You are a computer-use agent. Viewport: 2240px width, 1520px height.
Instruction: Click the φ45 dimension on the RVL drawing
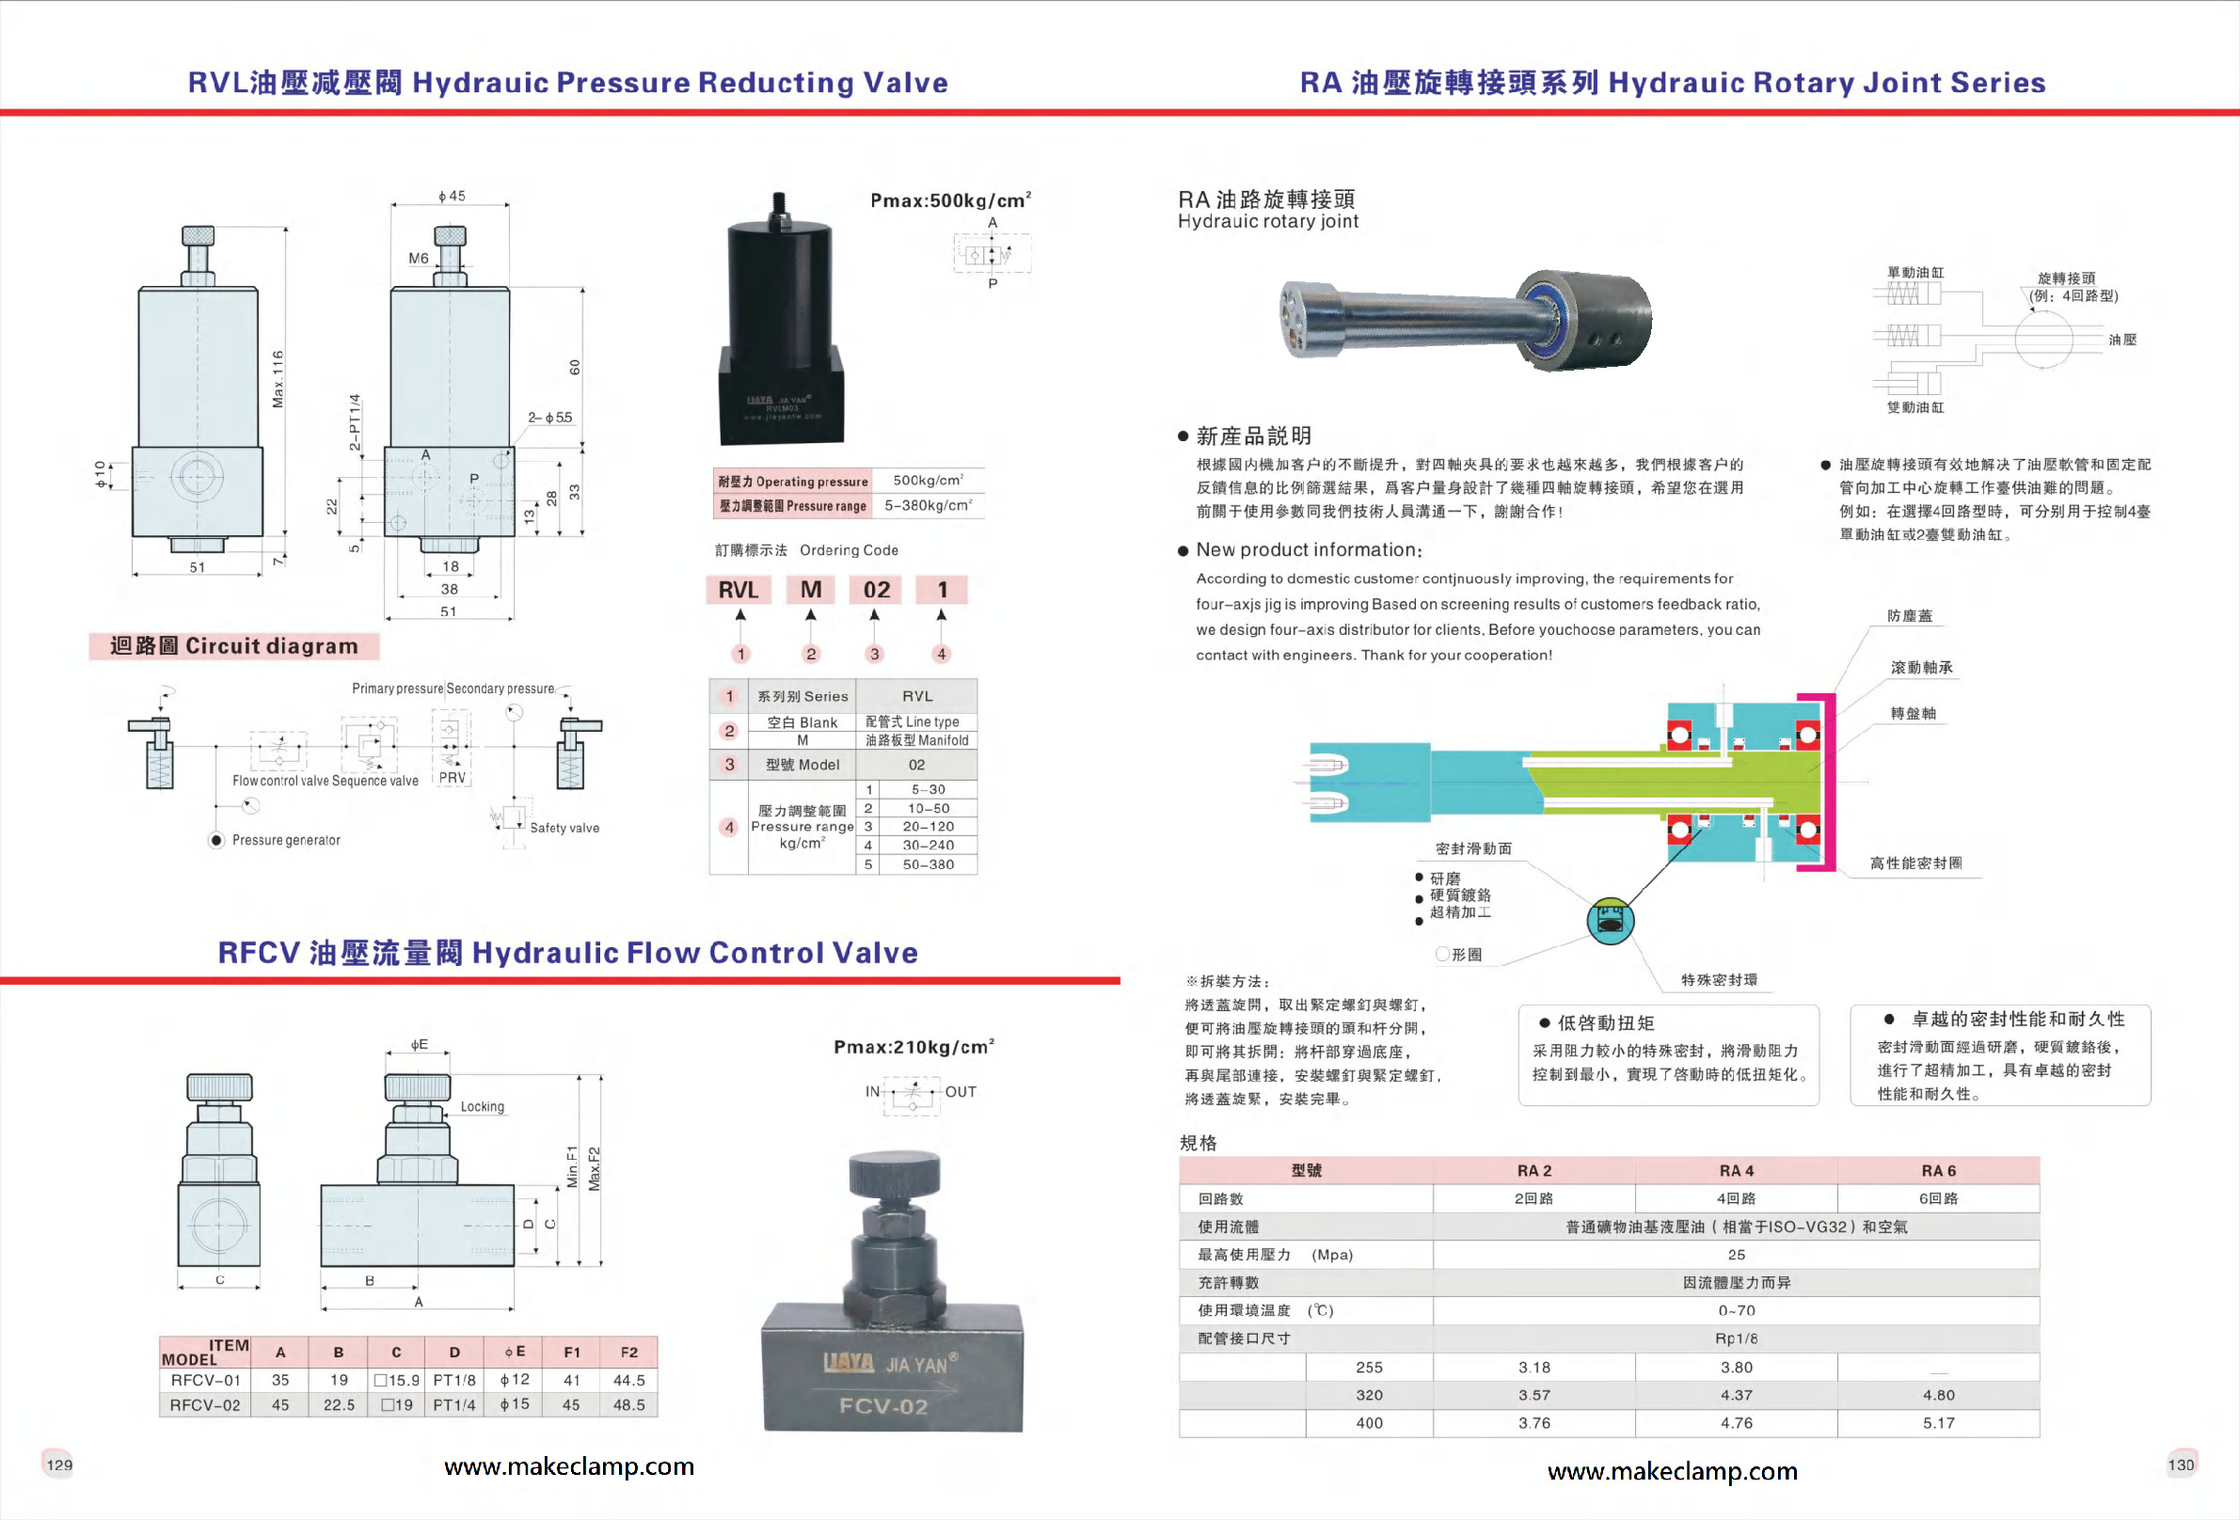[451, 196]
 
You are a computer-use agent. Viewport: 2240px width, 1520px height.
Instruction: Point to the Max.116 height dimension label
[278, 379]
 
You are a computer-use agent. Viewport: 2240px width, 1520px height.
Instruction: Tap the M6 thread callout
[419, 259]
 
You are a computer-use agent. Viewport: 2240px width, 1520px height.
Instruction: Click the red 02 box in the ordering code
[876, 589]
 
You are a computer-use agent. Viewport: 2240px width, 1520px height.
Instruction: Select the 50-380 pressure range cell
[928, 864]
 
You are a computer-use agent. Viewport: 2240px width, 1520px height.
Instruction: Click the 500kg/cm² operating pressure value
[928, 480]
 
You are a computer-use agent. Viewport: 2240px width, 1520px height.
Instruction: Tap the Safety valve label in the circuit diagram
[564, 828]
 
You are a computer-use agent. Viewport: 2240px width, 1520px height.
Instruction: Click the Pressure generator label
[285, 841]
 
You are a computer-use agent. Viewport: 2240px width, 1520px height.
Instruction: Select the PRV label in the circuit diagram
[453, 778]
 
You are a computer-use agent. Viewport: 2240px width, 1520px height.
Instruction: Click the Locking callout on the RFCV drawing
[482, 1106]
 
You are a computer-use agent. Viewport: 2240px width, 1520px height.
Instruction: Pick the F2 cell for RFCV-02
[628, 1405]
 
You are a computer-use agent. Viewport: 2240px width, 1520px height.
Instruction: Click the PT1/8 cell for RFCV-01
[454, 1380]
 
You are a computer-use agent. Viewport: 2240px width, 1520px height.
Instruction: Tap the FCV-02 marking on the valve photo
[882, 1406]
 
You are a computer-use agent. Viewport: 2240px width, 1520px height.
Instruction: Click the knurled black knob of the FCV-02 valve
[894, 1174]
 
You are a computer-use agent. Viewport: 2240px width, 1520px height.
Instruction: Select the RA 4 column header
[1736, 1170]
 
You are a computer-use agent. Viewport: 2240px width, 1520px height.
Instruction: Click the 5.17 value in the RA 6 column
[1938, 1423]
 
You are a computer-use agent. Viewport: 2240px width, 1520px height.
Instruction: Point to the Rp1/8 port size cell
[1736, 1338]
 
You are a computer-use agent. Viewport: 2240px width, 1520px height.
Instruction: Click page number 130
[2180, 1465]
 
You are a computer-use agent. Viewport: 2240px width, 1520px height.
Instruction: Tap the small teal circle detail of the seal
[1610, 921]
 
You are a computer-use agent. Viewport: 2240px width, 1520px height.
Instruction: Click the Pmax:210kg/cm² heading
[913, 1047]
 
